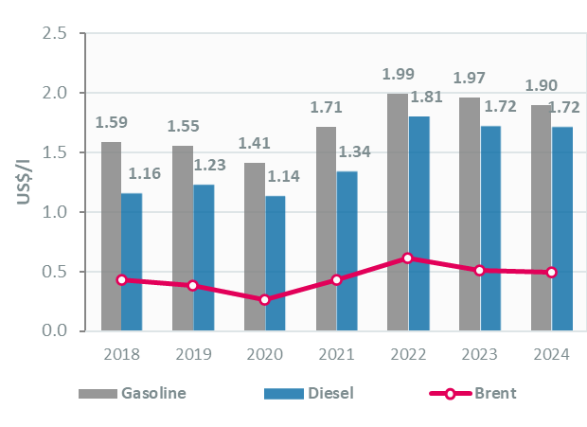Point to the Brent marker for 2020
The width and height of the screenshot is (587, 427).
pos(265,299)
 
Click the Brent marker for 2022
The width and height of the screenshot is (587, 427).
pos(408,258)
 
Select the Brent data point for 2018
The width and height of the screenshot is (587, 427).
pos(121,279)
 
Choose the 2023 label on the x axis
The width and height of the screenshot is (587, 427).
pos(479,354)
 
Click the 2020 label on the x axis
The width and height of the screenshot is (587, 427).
pos(264,354)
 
